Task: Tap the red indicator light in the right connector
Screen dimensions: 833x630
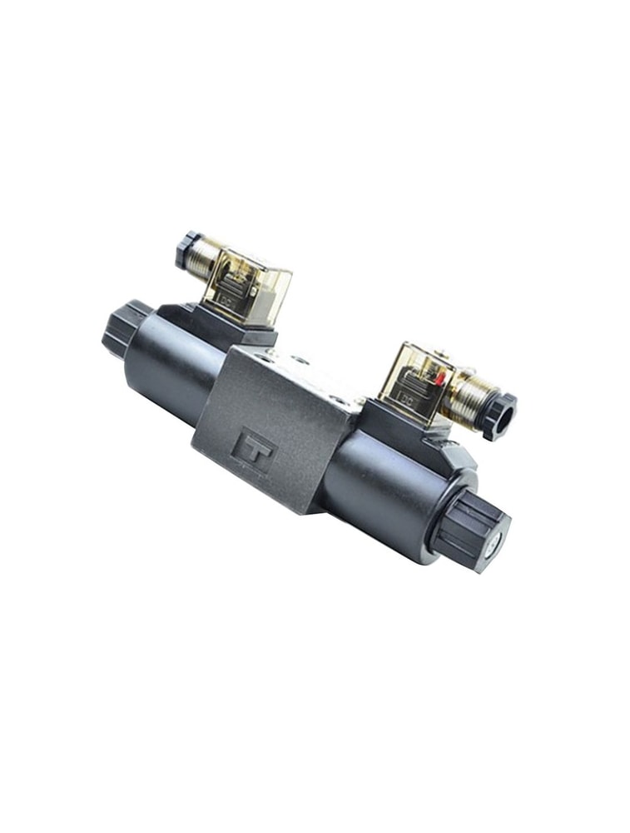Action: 439,379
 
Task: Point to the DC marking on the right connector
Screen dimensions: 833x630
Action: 408,398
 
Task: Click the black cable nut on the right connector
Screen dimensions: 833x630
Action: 499,415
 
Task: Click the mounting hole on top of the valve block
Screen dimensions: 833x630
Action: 300,360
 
